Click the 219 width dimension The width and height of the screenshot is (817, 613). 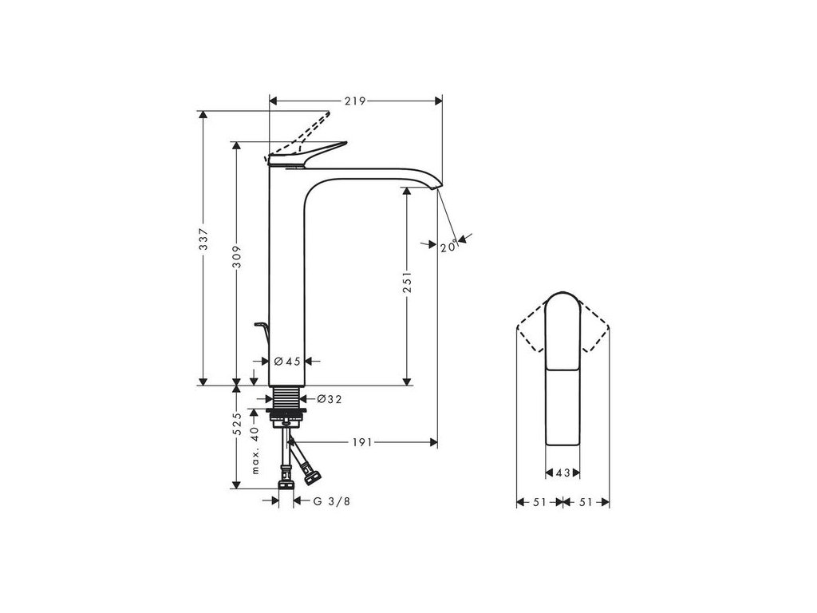pyautogui.click(x=355, y=101)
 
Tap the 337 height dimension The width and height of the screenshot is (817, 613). pyautogui.click(x=203, y=240)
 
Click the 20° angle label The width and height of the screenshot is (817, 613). pyautogui.click(x=448, y=247)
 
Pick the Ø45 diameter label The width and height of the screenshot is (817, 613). pyautogui.click(x=287, y=361)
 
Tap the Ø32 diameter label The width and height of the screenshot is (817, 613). pyautogui.click(x=330, y=399)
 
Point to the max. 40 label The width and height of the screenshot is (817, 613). pyautogui.click(x=255, y=450)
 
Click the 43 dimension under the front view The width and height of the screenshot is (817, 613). pyautogui.click(x=561, y=473)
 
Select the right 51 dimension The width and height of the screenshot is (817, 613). pyautogui.click(x=585, y=502)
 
